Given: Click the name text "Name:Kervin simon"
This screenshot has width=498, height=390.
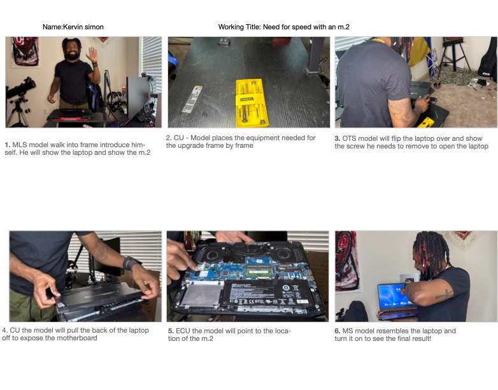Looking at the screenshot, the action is point(73,27).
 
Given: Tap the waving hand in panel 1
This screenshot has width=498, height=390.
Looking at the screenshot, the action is point(93,54).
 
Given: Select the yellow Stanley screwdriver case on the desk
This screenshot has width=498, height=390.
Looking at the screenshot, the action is point(252,103).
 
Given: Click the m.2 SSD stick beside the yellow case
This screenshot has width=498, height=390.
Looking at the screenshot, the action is point(192,99).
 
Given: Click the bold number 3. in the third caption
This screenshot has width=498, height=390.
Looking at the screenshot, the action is point(338,138).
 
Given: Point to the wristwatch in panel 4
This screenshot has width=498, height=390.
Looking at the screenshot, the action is point(131,263).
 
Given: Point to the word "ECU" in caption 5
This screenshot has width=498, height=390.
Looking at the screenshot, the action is point(183,331).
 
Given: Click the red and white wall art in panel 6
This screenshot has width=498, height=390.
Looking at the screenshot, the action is point(347,261).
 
